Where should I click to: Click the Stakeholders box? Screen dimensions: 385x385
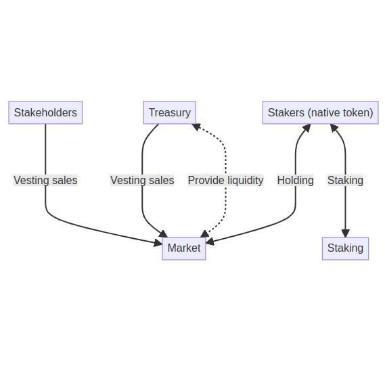45,112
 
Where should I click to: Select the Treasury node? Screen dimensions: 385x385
169,112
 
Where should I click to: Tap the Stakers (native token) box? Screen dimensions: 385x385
320,112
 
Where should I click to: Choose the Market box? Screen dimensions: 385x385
183,248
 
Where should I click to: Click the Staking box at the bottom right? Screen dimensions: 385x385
345,248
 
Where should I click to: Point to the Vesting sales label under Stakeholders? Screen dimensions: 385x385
45,180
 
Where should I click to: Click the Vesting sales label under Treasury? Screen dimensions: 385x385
142,180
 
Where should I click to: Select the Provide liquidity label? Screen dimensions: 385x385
225,180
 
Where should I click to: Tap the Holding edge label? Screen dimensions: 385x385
295,180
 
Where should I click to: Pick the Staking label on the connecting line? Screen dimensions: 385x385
345,180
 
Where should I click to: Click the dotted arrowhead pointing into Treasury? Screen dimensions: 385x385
196,127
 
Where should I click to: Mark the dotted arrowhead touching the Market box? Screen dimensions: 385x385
204,233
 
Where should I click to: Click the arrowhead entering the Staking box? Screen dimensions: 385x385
345,233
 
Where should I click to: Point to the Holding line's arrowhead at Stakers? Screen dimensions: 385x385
306,128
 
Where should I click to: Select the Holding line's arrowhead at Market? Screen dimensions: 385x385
210,241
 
